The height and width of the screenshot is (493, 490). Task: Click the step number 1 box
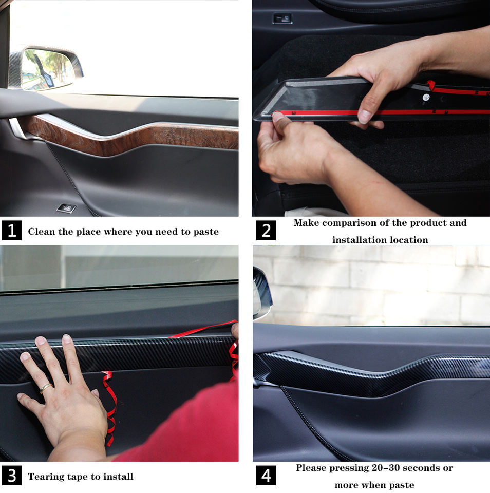pyautogui.click(x=12, y=230)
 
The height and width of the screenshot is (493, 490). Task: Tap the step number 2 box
pyautogui.click(x=266, y=230)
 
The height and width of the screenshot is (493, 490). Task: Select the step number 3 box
pyautogui.click(x=12, y=476)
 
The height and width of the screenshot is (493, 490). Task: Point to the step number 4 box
pyautogui.click(x=266, y=476)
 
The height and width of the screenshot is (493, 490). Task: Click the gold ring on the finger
pyautogui.click(x=46, y=388)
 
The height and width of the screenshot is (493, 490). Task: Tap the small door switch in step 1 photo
pyautogui.click(x=66, y=208)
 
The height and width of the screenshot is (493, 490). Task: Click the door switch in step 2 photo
pyautogui.click(x=282, y=18)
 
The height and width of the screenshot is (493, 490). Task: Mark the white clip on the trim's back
pyautogui.click(x=426, y=97)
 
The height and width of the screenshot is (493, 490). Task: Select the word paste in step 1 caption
pyautogui.click(x=206, y=232)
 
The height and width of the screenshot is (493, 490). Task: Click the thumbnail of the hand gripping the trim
pyautogui.click(x=371, y=108)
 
